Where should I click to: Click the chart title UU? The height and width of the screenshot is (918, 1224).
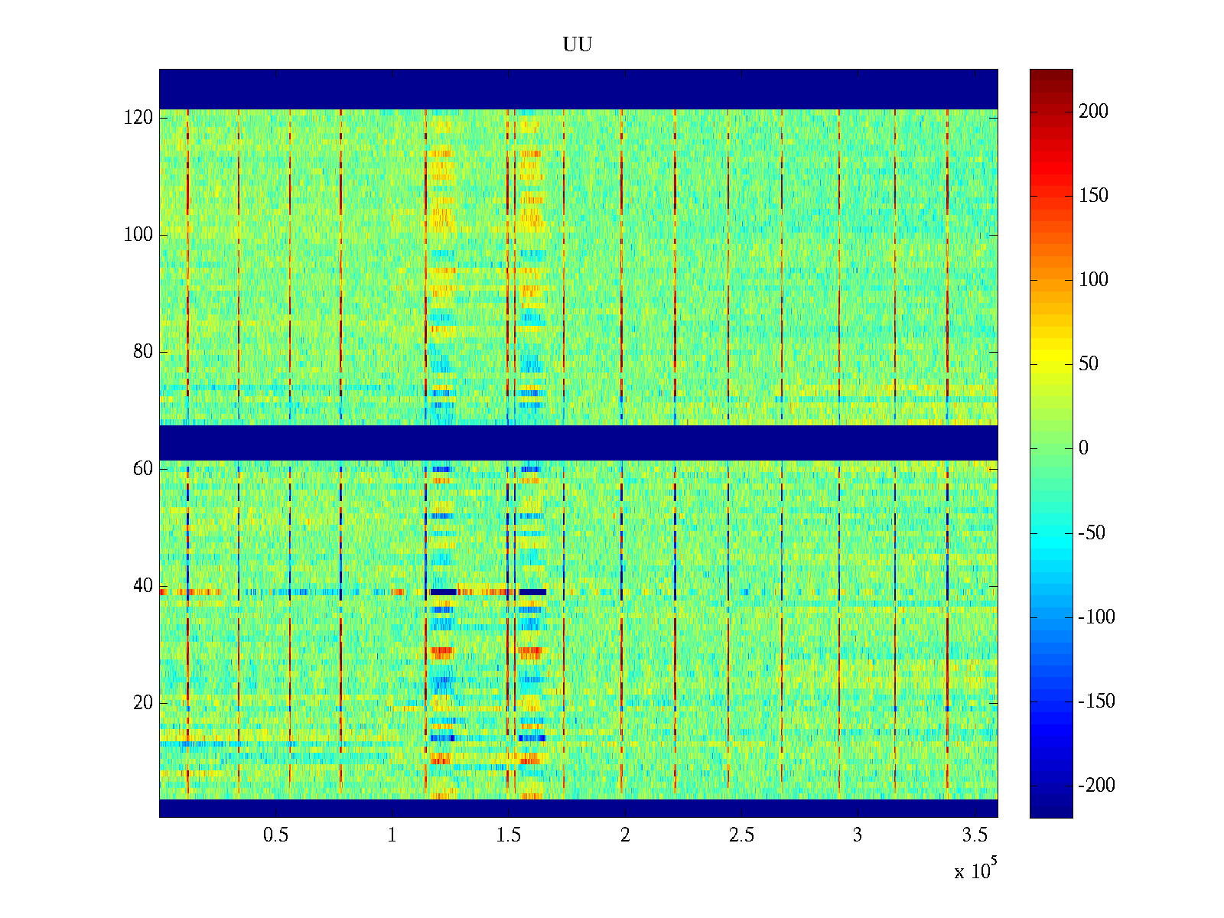[578, 45]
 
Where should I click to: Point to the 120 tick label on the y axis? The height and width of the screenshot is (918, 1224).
[138, 118]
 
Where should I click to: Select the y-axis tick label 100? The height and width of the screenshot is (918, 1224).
[138, 235]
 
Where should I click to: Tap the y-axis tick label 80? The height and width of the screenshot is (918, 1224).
[143, 352]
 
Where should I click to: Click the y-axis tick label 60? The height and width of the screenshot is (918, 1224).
[143, 469]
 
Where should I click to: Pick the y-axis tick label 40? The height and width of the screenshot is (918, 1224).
[143, 586]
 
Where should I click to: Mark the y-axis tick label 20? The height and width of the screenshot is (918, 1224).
[143, 703]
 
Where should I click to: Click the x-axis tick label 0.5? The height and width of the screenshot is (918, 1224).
[275, 835]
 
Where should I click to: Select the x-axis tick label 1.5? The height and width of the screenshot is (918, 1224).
[509, 835]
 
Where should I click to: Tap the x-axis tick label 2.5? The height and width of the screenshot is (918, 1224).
[741, 835]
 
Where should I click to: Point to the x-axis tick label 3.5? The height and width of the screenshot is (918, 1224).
[974, 835]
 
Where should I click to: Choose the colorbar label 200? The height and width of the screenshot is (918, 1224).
[1093, 112]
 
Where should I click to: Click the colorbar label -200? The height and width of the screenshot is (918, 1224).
[1096, 786]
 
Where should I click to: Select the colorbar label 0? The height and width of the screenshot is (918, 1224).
[1083, 448]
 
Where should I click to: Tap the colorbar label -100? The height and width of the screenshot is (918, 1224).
[1096, 617]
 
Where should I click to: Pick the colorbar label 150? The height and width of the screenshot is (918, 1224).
[1093, 196]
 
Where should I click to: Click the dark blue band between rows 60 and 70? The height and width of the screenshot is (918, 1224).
[578, 443]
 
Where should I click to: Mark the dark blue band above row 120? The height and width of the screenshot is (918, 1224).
[578, 89]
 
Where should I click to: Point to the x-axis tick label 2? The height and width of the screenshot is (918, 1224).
[625, 835]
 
